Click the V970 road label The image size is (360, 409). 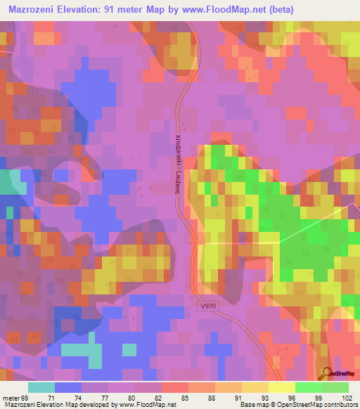coord(209,306)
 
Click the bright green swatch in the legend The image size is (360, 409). coord(308,387)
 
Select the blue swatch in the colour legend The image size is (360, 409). coord(68,387)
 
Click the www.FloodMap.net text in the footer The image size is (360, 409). coord(148,405)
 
